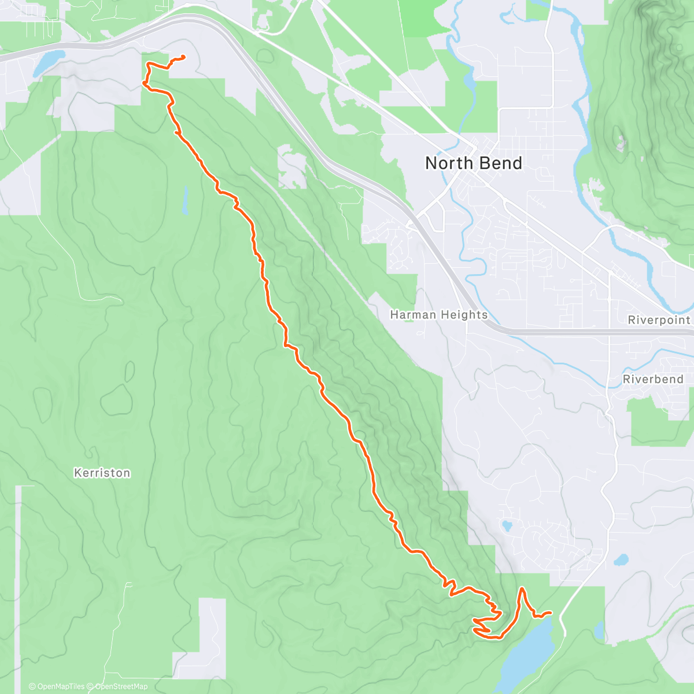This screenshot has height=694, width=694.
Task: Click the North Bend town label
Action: (x=473, y=163)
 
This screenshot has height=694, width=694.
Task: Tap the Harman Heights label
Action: (x=438, y=315)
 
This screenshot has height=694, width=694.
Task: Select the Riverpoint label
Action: (x=659, y=320)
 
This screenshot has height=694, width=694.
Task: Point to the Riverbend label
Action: (x=653, y=379)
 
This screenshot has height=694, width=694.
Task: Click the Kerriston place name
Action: (x=102, y=473)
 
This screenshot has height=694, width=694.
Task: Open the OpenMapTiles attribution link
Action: (x=57, y=686)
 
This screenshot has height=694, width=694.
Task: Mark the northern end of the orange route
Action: (x=183, y=56)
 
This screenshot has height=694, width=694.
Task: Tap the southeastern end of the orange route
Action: (x=549, y=612)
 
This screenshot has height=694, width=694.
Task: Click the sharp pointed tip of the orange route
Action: (x=522, y=588)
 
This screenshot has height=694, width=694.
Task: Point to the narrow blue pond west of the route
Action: (x=185, y=200)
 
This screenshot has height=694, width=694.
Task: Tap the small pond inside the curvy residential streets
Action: (x=507, y=526)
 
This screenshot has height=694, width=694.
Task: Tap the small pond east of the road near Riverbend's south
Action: (x=621, y=560)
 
